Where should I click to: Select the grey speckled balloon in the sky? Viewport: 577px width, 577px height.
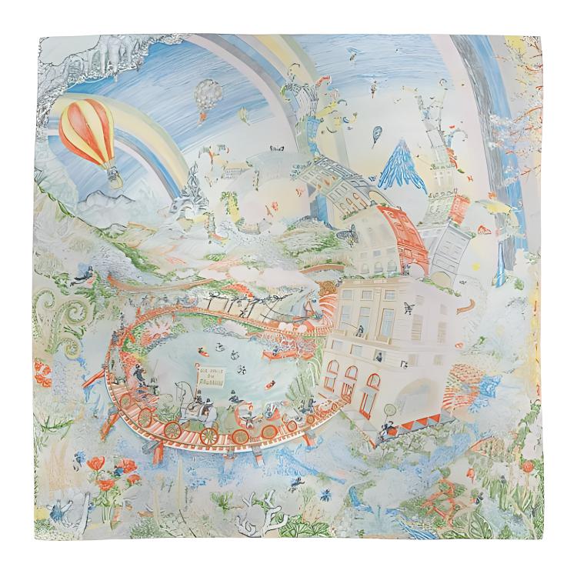[x=205, y=97]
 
